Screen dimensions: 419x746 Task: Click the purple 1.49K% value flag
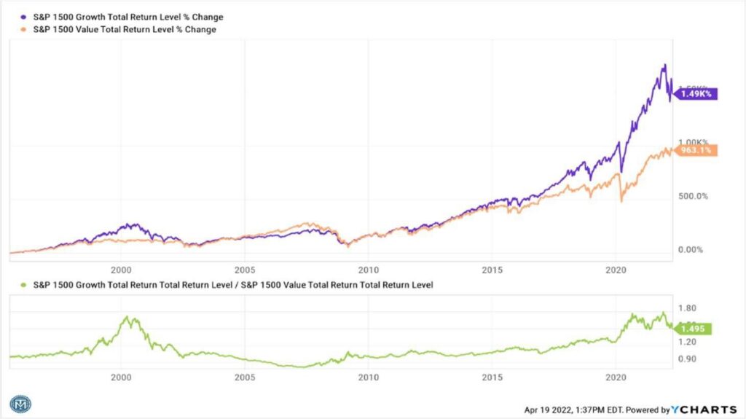[696, 93]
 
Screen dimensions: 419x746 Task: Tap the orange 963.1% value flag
[697, 150]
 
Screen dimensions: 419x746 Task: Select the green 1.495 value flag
[693, 329]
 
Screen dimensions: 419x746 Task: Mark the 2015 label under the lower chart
[492, 377]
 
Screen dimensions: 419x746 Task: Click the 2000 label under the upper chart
[120, 268]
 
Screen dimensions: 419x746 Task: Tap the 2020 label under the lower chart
[616, 377]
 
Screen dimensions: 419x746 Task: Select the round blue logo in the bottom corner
[20, 404]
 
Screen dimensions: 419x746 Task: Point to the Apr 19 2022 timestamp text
[568, 410]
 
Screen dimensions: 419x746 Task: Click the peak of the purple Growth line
[664, 65]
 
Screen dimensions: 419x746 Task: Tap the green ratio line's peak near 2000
[129, 317]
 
